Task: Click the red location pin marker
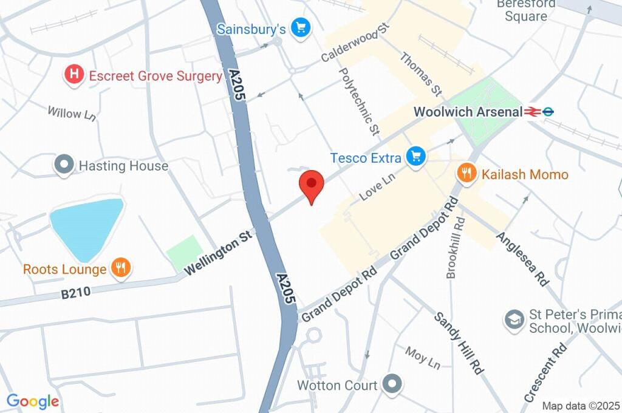point(312,185)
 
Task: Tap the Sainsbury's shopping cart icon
point(300,28)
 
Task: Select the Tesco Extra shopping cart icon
point(416,157)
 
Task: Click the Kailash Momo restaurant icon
point(466,174)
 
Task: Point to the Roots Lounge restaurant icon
point(121,268)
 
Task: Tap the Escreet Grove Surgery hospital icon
point(74,75)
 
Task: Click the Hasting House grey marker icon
point(64,165)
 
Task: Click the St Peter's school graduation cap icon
point(514,319)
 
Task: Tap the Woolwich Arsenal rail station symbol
point(534,112)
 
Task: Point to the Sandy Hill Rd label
point(459,343)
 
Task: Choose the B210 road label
point(76,293)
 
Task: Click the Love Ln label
point(377,186)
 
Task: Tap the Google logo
point(33,401)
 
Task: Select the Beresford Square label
point(525,10)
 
